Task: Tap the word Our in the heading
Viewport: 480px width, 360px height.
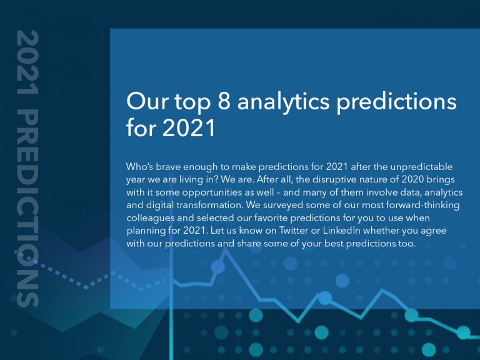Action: click(145, 102)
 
